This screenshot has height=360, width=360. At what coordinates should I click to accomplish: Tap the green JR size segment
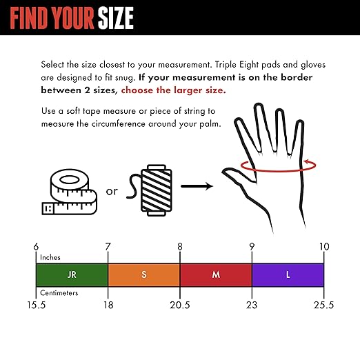click(72, 274)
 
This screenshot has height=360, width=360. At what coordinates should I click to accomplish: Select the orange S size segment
click(143, 274)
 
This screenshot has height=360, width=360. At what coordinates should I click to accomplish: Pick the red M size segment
click(216, 274)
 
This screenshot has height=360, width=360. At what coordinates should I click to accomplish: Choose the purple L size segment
click(288, 274)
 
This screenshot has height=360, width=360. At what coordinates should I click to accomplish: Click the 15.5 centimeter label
click(36, 304)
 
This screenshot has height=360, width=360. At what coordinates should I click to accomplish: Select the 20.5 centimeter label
click(180, 304)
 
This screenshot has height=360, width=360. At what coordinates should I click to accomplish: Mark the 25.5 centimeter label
click(324, 304)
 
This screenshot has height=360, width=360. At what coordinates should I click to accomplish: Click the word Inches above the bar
click(50, 257)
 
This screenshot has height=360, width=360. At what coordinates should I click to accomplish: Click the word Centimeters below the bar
click(59, 292)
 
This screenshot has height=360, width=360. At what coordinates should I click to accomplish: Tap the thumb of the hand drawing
click(239, 180)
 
